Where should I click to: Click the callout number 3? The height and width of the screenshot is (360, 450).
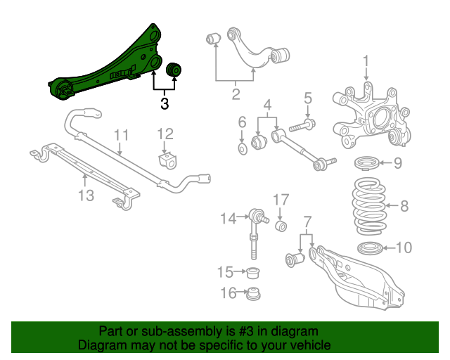click(x=165, y=104)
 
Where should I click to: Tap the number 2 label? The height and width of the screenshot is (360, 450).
click(x=236, y=93)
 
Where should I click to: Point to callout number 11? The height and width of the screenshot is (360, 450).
click(x=122, y=134)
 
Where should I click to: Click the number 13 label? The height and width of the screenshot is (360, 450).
click(x=86, y=195)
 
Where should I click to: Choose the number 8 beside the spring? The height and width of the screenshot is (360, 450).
click(x=404, y=206)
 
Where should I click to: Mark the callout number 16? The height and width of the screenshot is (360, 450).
click(x=226, y=292)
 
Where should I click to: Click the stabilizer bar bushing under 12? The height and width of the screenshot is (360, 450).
click(x=167, y=160)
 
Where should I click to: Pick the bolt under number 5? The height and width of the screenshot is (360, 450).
click(x=299, y=128)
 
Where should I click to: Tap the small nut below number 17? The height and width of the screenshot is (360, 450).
click(x=281, y=226)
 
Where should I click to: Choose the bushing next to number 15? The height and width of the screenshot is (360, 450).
click(x=253, y=271)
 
